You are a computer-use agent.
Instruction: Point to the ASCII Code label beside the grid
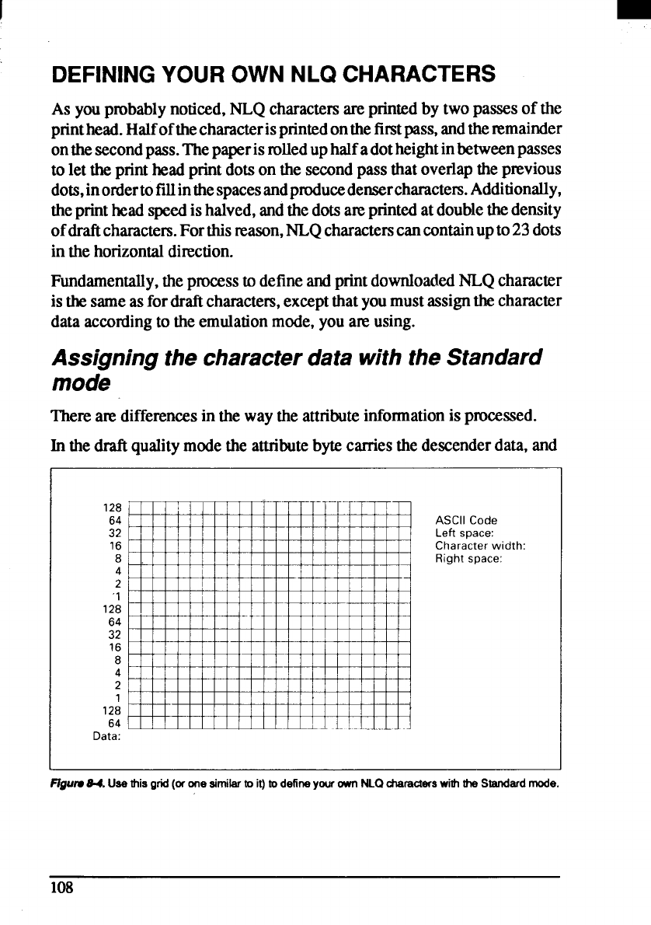point(466,520)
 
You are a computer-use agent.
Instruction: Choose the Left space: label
point(465,532)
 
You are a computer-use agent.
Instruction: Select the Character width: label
point(480,545)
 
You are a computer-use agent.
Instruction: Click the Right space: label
point(468,557)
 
